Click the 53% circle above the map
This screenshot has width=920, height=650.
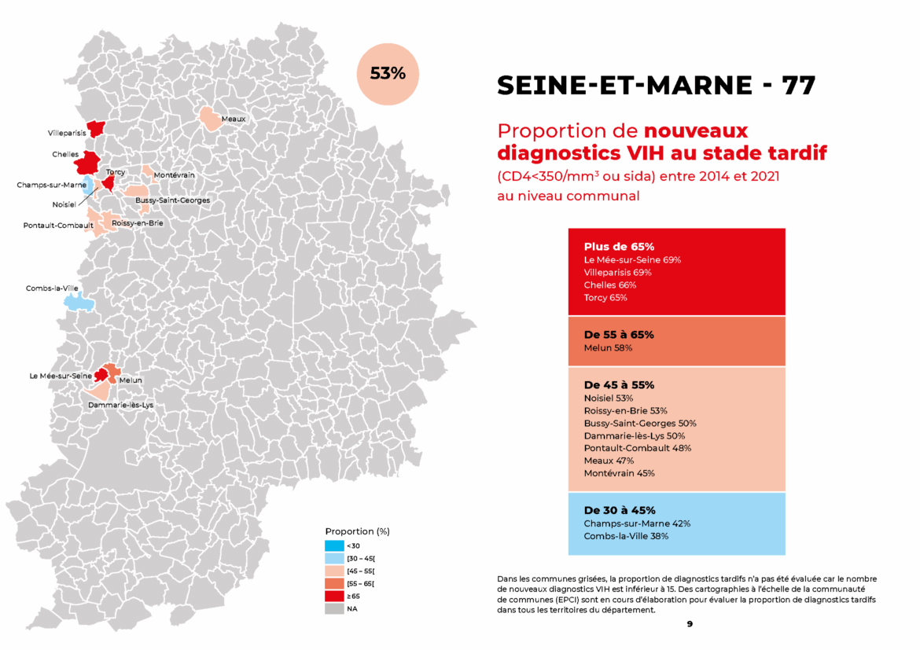(x=388, y=74)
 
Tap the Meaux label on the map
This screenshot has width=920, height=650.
(x=234, y=119)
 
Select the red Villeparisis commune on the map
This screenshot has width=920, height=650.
(x=96, y=129)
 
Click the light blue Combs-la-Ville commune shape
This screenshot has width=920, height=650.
(x=77, y=301)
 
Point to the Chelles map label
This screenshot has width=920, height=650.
(x=65, y=154)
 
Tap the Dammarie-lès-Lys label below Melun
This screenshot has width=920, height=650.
(x=120, y=405)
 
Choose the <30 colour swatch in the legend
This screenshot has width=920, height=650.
(x=333, y=545)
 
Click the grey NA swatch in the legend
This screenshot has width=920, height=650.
(x=333, y=608)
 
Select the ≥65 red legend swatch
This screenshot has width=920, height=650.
(x=333, y=596)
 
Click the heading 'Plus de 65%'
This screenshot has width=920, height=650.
(x=619, y=246)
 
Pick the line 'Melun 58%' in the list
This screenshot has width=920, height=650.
(x=608, y=347)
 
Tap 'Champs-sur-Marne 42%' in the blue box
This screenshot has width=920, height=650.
(x=637, y=523)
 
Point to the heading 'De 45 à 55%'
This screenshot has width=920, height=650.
(x=619, y=385)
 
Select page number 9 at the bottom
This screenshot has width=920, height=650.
(x=689, y=623)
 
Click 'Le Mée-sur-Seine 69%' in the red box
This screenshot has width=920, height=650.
(x=632, y=259)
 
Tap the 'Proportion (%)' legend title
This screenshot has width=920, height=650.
(x=357, y=531)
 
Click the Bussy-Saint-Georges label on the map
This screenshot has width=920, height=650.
(x=172, y=200)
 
